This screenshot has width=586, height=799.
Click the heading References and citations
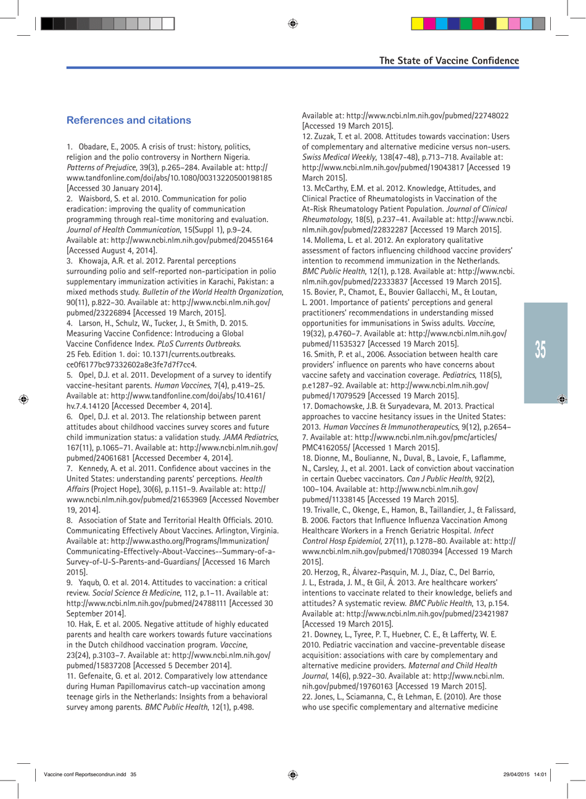coord(128,120)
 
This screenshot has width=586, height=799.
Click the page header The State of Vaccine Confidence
coord(448,60)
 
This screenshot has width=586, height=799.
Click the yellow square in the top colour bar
coord(417,24)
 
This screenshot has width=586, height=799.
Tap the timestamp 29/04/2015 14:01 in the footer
coord(524,775)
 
